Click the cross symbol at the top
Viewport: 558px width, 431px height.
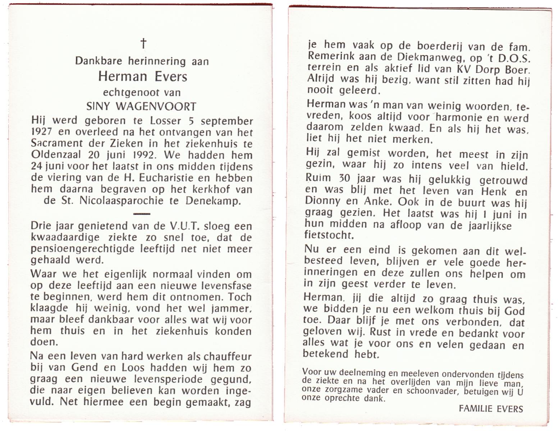pos(143,43)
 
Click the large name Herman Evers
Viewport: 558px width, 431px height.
pos(143,76)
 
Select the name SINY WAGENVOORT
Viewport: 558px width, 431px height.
pos(142,106)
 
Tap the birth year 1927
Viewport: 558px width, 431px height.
pos(42,132)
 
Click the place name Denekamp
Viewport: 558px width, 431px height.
pos(213,201)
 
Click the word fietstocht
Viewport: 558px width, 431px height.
pos(328,235)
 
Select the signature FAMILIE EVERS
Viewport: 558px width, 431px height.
pos(490,408)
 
